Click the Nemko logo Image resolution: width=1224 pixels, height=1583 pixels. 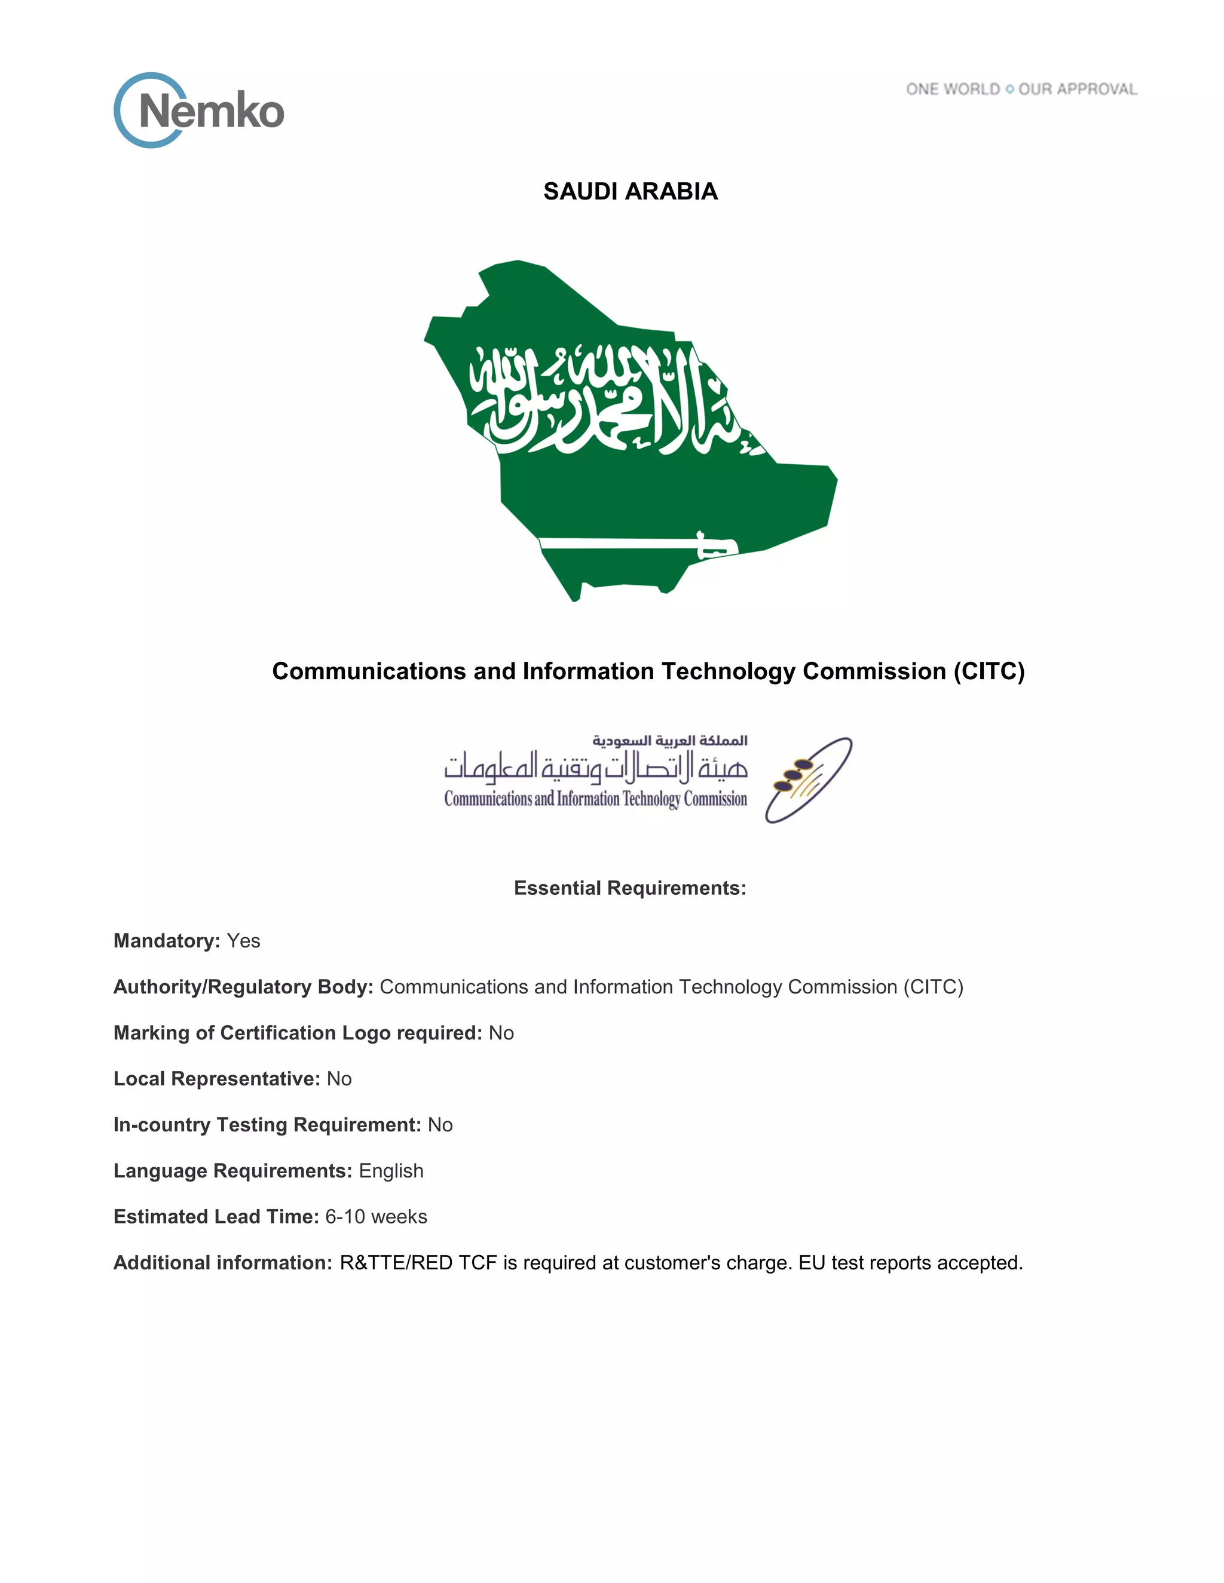[198, 110]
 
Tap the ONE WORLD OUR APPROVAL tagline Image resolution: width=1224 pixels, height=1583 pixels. [1021, 89]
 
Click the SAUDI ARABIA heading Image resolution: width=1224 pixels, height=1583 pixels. [630, 191]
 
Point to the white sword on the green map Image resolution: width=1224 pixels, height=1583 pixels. [638, 544]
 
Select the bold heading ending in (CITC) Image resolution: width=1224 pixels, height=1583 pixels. [647, 671]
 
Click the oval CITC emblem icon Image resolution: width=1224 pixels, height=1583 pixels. [808, 780]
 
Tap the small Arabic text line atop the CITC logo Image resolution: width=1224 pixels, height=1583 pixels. [669, 740]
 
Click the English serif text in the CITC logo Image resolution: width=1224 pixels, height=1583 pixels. [595, 799]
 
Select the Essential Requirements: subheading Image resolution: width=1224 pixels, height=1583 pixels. [629, 888]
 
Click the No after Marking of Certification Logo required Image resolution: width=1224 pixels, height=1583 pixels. [501, 1033]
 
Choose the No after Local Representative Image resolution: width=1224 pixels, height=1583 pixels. [339, 1078]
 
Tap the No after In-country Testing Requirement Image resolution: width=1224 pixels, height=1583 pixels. [439, 1125]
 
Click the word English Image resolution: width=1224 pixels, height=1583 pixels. [391, 1171]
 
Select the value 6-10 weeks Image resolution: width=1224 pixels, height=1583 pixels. [375, 1216]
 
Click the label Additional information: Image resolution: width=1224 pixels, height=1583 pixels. [222, 1263]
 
